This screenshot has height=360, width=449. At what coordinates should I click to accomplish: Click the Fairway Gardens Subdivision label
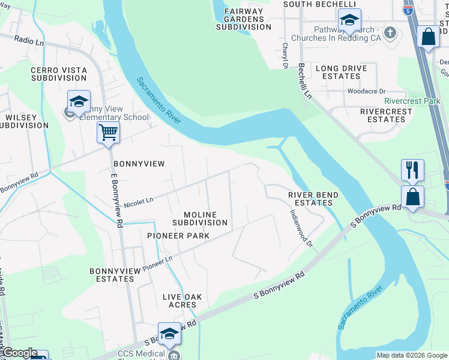point(243,19)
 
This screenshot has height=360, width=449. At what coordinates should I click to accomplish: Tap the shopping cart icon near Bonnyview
point(108,131)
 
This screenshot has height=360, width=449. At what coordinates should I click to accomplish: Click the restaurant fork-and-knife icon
point(412,169)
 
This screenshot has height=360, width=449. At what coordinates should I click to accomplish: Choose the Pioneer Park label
point(178,236)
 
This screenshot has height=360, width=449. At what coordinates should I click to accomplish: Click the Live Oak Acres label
point(179,301)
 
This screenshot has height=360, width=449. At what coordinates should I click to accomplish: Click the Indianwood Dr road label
point(301,227)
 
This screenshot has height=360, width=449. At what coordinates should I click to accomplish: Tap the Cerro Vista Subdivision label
point(59,74)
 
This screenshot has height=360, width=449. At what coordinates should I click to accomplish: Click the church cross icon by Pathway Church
point(390,32)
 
